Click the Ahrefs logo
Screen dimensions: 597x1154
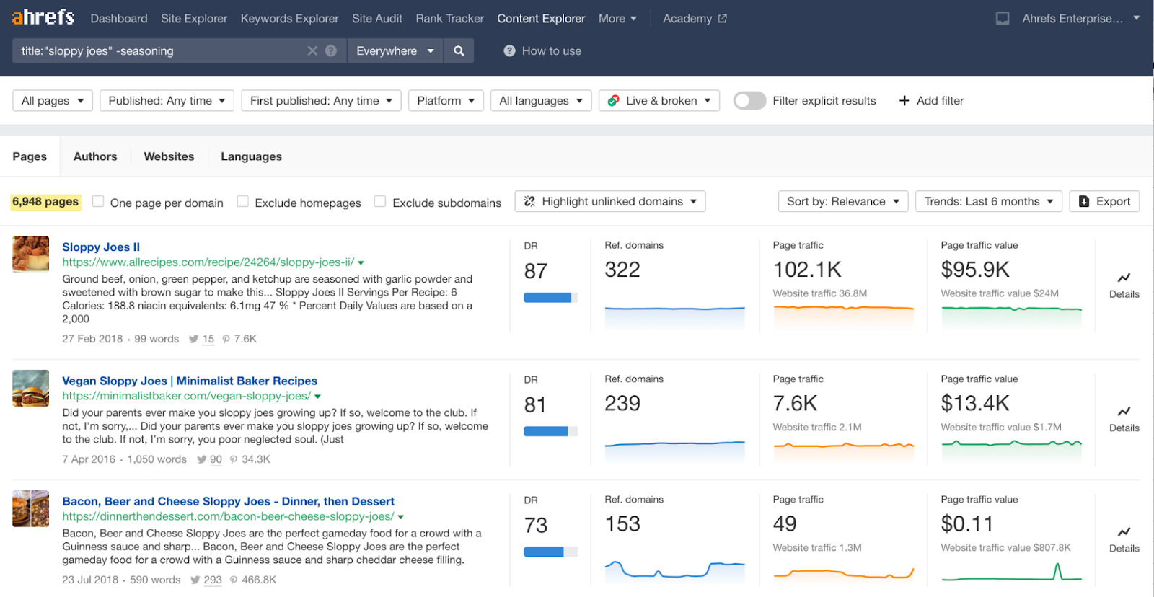point(43,17)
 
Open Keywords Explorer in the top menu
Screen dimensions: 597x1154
point(289,19)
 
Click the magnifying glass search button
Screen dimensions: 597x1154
point(459,50)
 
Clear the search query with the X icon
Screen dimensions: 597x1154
point(312,50)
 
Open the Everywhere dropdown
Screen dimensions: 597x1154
point(395,50)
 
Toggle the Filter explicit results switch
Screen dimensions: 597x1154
point(749,101)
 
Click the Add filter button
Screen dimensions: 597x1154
point(931,101)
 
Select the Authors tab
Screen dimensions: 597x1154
point(95,156)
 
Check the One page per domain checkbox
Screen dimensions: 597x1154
point(98,202)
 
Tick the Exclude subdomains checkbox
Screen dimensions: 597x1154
point(380,202)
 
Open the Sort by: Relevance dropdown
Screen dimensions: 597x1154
point(842,202)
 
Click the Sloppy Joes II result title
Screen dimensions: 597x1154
point(101,247)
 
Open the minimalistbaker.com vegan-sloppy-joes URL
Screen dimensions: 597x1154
point(186,396)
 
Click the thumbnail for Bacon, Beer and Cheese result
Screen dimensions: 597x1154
point(30,508)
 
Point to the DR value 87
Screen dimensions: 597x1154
point(535,271)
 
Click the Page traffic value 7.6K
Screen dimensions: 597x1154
point(795,403)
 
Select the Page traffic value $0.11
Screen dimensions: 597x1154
point(966,523)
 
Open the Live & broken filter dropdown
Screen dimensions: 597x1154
point(659,101)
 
